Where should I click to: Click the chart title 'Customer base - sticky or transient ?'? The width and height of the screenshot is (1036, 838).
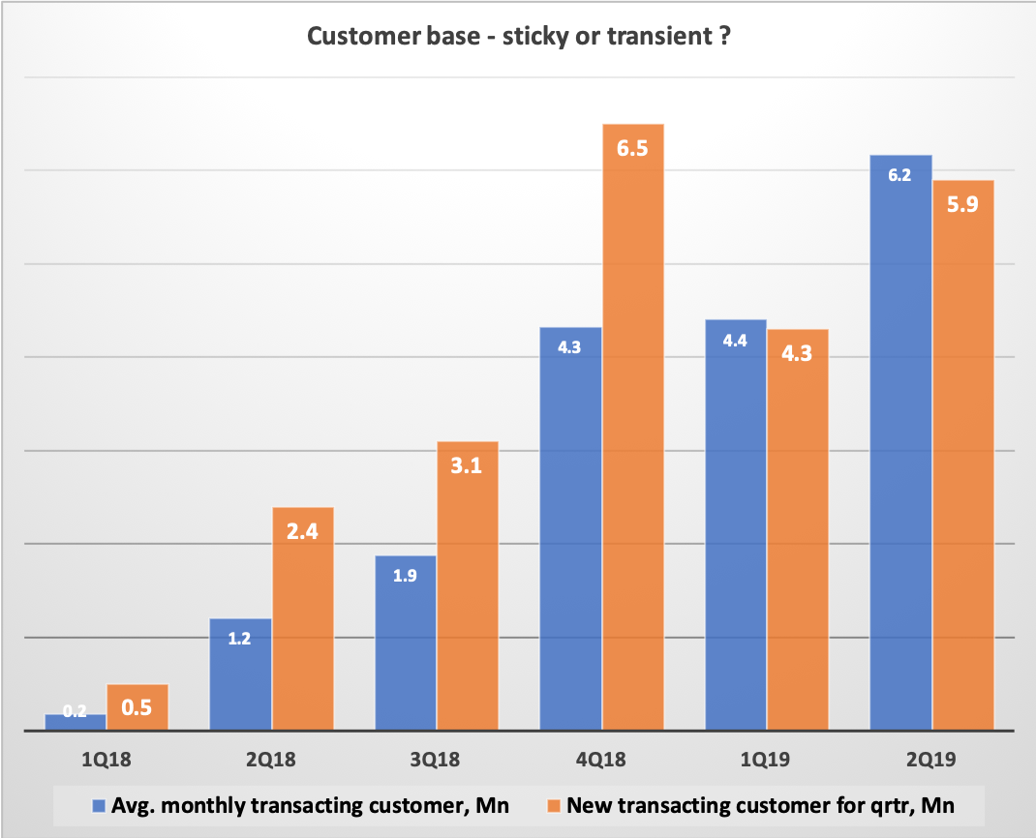coord(517,37)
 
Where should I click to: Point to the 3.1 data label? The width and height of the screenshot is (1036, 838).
coord(467,466)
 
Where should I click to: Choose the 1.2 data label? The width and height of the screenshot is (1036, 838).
coord(240,640)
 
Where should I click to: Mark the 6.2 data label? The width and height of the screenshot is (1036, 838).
coord(900,176)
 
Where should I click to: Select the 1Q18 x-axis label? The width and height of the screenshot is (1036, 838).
coord(106,762)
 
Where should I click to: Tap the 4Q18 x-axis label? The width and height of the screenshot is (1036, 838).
coord(600,762)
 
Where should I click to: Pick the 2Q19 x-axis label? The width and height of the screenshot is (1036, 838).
coord(930,762)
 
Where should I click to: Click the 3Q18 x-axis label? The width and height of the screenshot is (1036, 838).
coord(436,762)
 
